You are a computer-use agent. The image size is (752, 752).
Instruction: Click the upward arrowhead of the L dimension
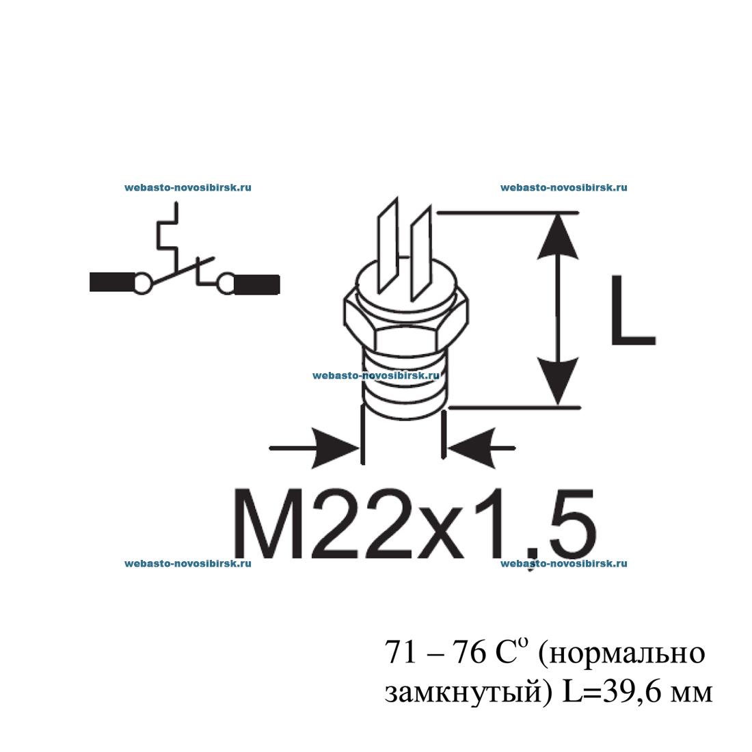click(x=560, y=236)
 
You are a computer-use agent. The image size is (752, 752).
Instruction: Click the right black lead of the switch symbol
click(x=256, y=283)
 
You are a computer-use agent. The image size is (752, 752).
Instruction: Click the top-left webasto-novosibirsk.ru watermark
click(x=188, y=187)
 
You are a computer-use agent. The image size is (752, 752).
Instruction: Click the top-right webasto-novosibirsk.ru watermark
click(x=563, y=187)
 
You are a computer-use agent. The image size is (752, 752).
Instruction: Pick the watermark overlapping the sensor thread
click(x=375, y=375)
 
